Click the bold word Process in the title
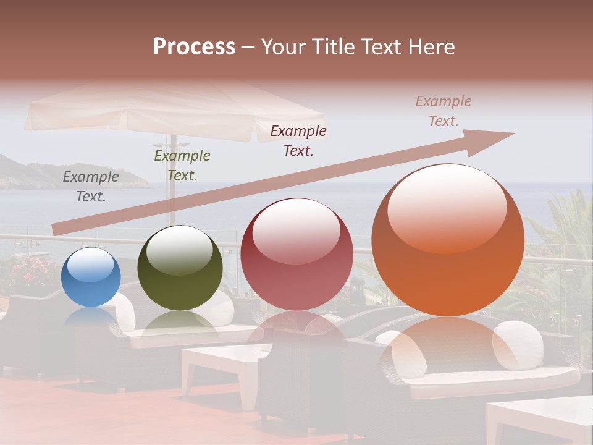tap(194, 47)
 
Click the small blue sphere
tap(91, 277)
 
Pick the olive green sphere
tap(180, 268)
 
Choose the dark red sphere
tap(296, 254)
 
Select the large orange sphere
tap(448, 240)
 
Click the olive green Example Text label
tap(182, 166)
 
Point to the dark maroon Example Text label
tap(298, 141)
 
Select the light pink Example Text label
tap(444, 111)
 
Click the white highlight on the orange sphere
tap(447, 207)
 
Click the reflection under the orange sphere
tap(448, 346)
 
